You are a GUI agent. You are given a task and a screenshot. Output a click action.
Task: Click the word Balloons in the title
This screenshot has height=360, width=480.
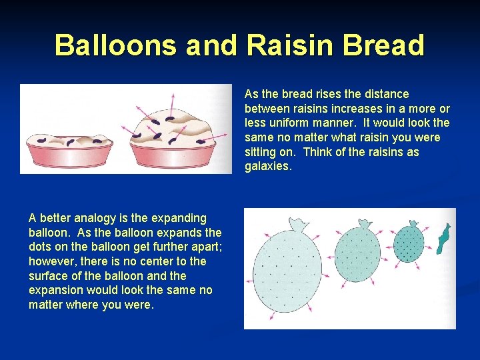(115, 45)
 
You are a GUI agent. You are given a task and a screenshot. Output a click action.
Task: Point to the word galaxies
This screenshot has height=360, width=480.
(268, 167)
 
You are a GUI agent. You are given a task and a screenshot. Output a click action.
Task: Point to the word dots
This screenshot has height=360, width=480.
(43, 247)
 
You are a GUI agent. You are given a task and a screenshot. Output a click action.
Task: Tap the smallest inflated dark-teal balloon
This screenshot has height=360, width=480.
(408, 243)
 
